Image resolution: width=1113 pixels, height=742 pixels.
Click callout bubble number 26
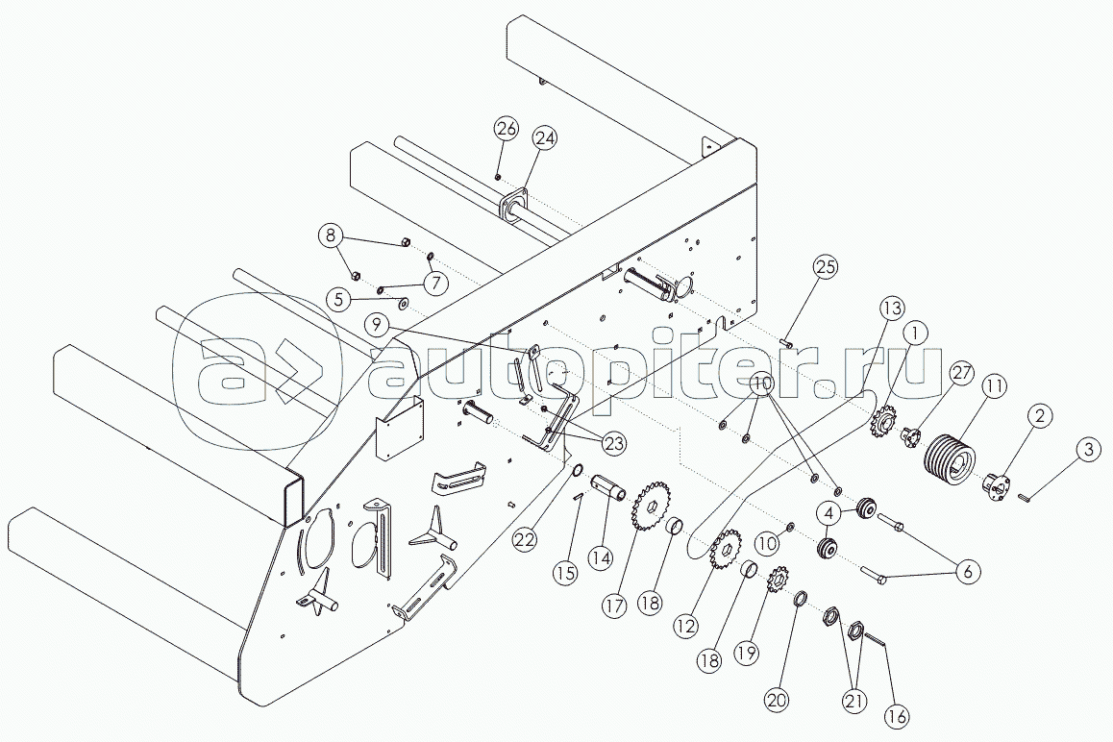pyautogui.click(x=507, y=128)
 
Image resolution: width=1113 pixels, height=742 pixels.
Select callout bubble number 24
pyautogui.click(x=546, y=138)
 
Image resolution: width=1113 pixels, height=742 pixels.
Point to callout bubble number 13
pyautogui.click(x=891, y=308)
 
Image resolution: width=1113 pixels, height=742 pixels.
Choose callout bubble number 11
pyautogui.click(x=994, y=387)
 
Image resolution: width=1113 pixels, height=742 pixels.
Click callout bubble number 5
pyautogui.click(x=337, y=299)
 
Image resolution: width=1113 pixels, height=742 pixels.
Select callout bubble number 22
pyautogui.click(x=524, y=539)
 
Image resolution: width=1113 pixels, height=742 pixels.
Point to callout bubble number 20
pyautogui.click(x=777, y=701)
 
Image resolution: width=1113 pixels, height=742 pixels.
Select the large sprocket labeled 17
pyautogui.click(x=652, y=506)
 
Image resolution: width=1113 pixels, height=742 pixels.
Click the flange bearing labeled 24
pyautogui.click(x=514, y=207)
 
